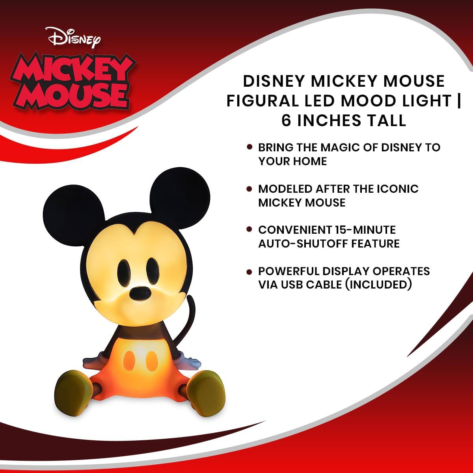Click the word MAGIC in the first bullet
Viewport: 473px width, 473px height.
click(x=330, y=147)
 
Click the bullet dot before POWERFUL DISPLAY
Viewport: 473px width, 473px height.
click(x=249, y=272)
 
